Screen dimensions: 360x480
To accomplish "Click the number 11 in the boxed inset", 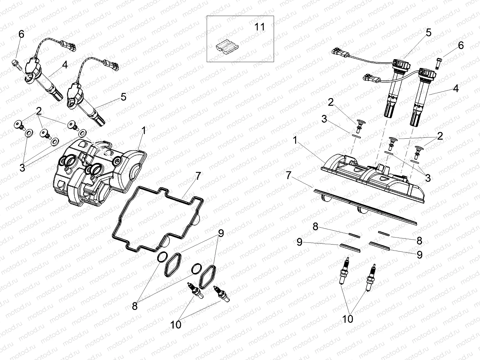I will click(x=260, y=27).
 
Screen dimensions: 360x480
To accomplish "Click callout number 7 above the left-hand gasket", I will click(x=198, y=176).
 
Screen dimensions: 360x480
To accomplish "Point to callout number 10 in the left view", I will click(x=176, y=325).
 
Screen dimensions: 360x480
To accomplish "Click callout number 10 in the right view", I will click(x=348, y=319).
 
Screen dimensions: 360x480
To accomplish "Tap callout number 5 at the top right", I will click(x=428, y=32).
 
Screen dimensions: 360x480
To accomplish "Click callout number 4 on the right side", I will click(x=456, y=88).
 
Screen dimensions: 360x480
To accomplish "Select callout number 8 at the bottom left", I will click(x=135, y=306).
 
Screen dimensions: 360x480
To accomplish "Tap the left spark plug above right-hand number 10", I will click(x=346, y=270).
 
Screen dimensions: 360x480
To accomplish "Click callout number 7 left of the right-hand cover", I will click(x=289, y=175).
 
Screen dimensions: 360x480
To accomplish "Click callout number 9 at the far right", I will click(x=419, y=255).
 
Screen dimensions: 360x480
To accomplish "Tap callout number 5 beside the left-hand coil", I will click(x=123, y=97).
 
